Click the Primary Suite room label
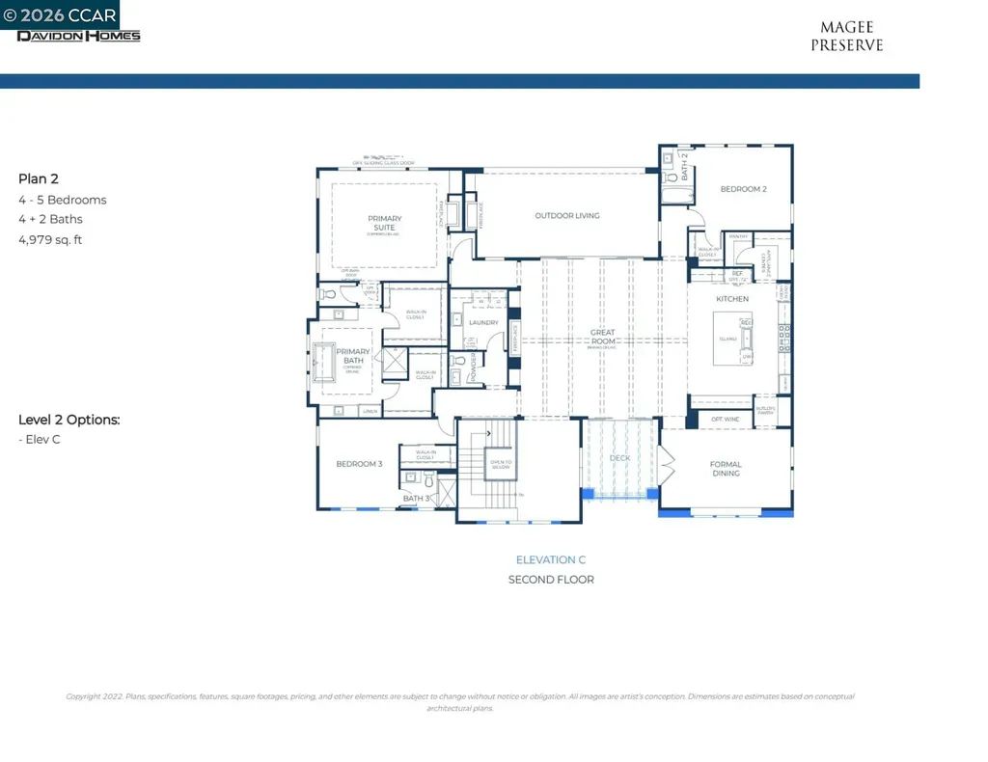point(384,223)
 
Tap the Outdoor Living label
point(567,216)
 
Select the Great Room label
point(603,337)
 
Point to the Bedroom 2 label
point(743,189)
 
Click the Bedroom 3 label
point(359,464)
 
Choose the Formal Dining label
point(726,469)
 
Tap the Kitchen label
point(731,299)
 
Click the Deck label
point(619,458)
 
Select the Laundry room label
point(482,323)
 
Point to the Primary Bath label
point(353,357)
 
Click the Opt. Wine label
point(725,420)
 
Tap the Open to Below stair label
point(501,464)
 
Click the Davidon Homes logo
point(78,36)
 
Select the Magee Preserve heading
point(846,37)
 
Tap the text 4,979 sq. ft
point(50,239)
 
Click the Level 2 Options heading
point(69,420)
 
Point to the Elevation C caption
point(550,559)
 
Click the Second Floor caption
point(550,580)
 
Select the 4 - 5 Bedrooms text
point(62,200)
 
